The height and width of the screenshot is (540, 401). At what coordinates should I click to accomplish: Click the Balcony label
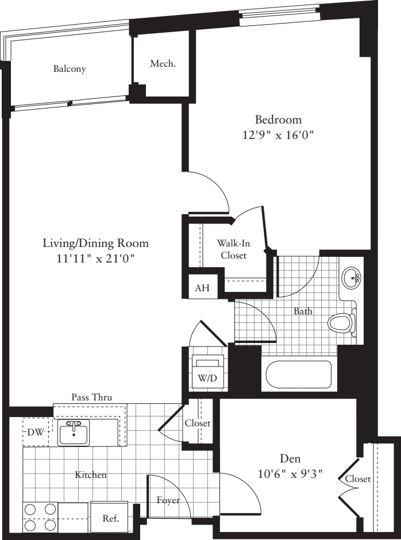click(x=70, y=69)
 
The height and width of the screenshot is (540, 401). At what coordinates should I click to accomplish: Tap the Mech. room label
click(x=163, y=63)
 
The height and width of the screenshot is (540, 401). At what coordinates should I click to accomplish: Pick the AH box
click(x=202, y=288)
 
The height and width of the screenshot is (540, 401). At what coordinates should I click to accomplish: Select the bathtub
click(x=298, y=375)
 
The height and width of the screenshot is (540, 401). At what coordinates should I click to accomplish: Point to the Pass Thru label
click(x=91, y=397)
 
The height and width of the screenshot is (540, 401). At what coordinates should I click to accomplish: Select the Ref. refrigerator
click(x=110, y=518)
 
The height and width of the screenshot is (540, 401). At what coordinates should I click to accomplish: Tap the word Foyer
click(x=168, y=500)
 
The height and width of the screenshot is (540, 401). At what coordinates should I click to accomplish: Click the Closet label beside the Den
click(x=357, y=479)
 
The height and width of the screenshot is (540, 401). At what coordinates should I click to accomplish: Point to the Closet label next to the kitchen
click(x=198, y=423)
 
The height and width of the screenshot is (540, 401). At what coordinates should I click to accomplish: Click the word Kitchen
click(x=91, y=475)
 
